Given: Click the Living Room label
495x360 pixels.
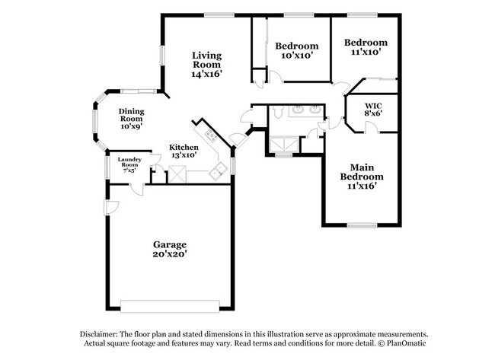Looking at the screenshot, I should coord(206,60).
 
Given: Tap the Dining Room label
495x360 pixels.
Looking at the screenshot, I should coord(131,114).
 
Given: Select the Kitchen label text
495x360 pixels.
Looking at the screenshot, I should coord(184,147).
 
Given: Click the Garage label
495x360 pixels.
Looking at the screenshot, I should coord(170,244).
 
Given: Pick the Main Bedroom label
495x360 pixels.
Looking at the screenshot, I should coord(361,172).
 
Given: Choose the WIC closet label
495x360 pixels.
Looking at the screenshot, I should coord(372,104).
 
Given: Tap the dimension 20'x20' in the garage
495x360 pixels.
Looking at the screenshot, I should coord(170,255).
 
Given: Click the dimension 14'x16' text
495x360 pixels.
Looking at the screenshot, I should coord(206,75).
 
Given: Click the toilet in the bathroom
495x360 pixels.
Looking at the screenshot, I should coord(279,113).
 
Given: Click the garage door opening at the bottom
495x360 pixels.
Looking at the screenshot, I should coord(170,306).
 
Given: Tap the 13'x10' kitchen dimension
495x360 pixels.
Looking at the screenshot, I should coord(184,155).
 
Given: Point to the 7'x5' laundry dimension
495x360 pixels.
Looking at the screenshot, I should coord(128,170).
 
